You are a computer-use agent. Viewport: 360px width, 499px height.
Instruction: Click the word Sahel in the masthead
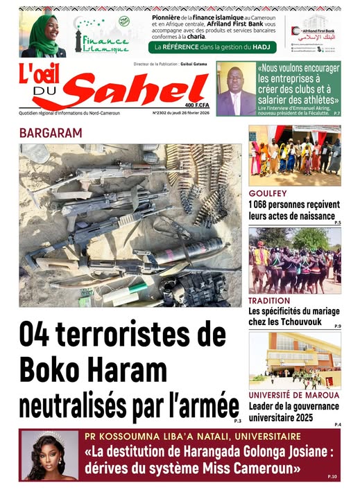coord(129,91)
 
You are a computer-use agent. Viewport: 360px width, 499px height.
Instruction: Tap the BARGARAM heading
coord(51,132)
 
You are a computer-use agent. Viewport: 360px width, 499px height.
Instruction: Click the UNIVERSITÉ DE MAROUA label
coord(293,395)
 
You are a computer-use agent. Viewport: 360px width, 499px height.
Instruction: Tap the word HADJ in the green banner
coord(261,47)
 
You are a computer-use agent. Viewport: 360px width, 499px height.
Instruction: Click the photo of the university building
coord(294,360)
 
